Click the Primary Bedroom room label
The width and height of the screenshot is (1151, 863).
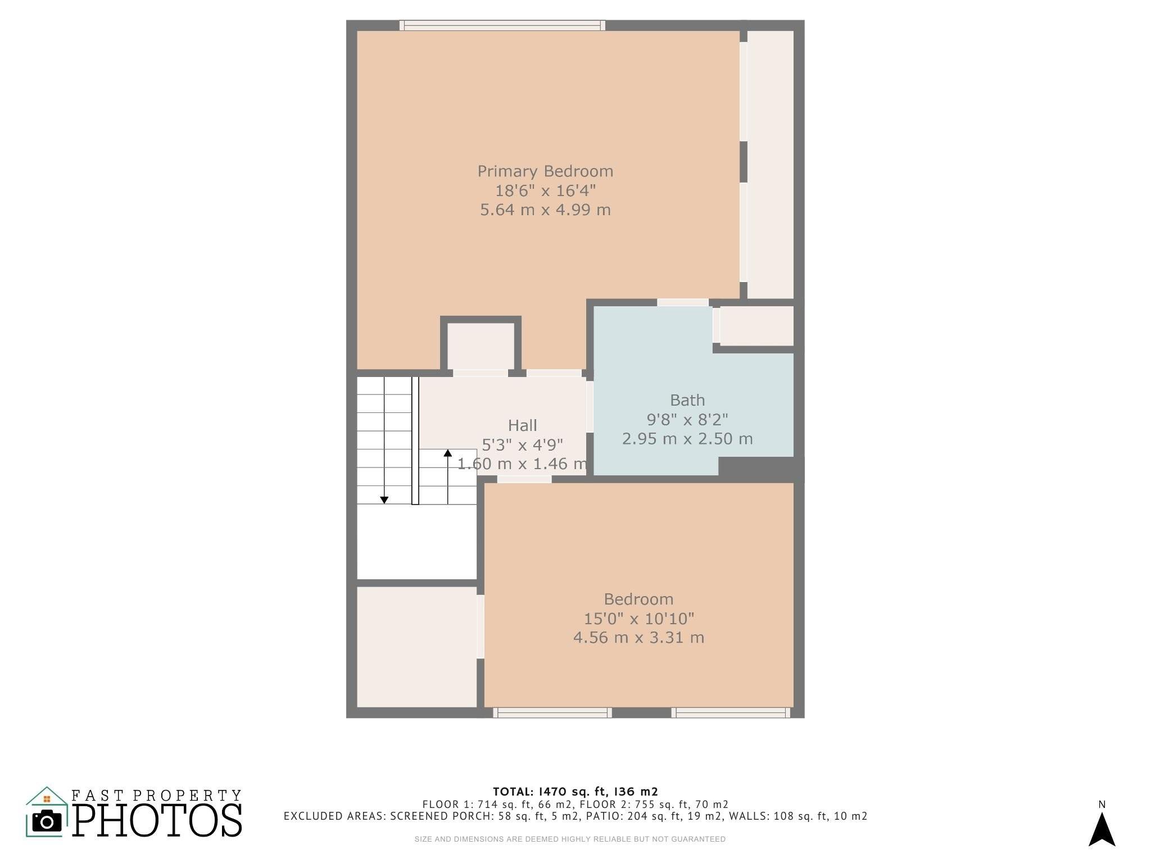click(x=545, y=171)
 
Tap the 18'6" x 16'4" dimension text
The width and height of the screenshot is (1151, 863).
click(x=545, y=190)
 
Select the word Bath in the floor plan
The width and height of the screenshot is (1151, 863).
click(x=687, y=400)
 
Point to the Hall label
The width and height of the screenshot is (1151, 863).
click(x=523, y=425)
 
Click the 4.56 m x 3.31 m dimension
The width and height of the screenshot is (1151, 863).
click(x=638, y=638)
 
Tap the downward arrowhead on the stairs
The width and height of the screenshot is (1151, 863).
click(x=384, y=500)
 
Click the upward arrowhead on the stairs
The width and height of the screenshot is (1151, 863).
click(x=448, y=453)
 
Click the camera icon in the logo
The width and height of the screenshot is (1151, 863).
click(x=47, y=821)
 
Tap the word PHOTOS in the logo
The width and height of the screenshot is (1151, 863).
click(x=158, y=820)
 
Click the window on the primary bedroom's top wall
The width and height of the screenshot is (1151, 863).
click(x=502, y=25)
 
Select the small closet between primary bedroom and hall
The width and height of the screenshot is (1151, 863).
click(x=481, y=346)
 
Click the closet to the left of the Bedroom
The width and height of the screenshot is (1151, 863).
click(x=417, y=647)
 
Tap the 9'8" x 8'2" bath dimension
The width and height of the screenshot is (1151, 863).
click(x=687, y=420)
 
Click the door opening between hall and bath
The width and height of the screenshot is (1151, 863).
click(x=590, y=407)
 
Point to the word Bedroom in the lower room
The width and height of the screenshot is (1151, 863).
click(x=638, y=599)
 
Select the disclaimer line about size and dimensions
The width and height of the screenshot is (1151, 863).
click(x=570, y=839)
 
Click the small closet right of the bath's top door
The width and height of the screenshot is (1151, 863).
click(x=756, y=326)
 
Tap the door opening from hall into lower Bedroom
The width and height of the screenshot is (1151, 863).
click(x=524, y=479)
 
